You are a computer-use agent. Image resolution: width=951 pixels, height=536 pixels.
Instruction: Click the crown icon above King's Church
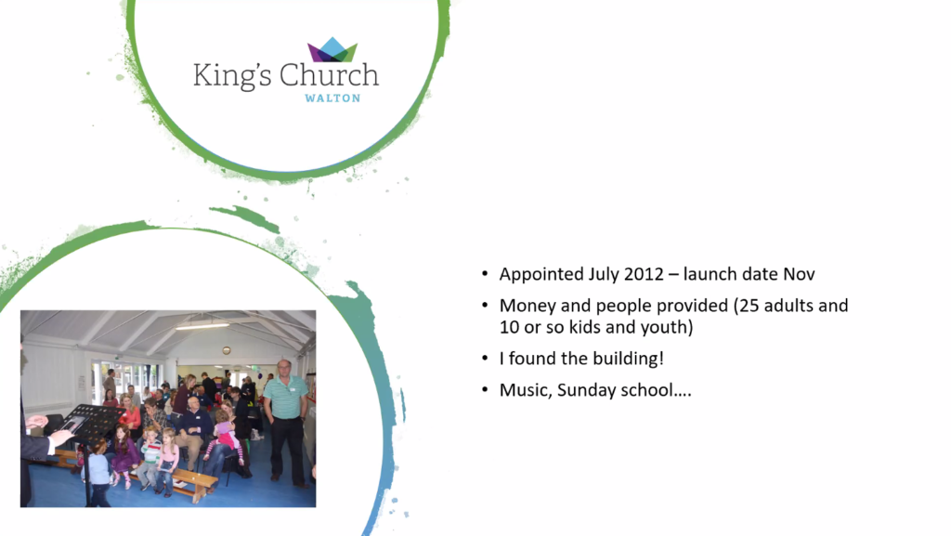click(332, 49)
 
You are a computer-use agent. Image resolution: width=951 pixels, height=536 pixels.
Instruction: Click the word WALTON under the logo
click(332, 98)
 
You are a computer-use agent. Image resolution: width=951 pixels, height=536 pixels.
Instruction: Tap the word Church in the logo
click(329, 75)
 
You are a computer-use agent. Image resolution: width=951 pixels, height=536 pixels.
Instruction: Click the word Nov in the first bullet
click(799, 274)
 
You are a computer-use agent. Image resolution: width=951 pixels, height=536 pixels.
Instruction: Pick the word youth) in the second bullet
click(672, 327)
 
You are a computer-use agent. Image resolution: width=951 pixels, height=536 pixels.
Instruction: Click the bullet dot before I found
click(485, 359)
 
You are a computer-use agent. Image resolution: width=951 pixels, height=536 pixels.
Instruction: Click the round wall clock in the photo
click(227, 350)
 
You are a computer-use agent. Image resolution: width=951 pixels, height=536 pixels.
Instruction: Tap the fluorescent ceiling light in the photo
click(202, 326)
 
